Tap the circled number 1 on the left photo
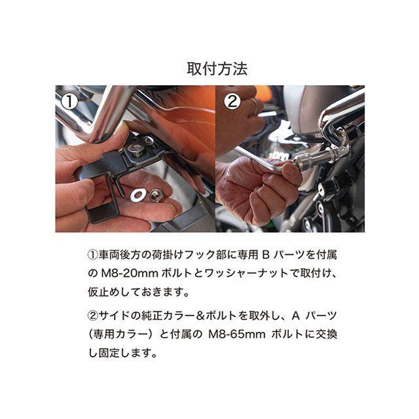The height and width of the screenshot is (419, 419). (70, 101)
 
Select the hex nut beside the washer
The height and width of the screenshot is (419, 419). (157, 194)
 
